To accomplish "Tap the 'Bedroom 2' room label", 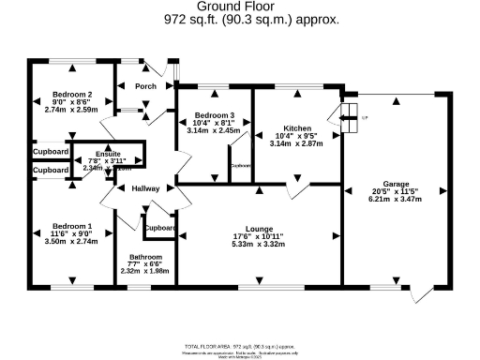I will [71, 95].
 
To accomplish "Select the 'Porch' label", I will [145, 86].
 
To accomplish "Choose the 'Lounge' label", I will [258, 228].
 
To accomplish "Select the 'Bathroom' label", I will [146, 256].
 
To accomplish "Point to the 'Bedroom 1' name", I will [71, 226].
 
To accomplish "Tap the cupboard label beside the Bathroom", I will [160, 228].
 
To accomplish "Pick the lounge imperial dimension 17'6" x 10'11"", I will [258, 236].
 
